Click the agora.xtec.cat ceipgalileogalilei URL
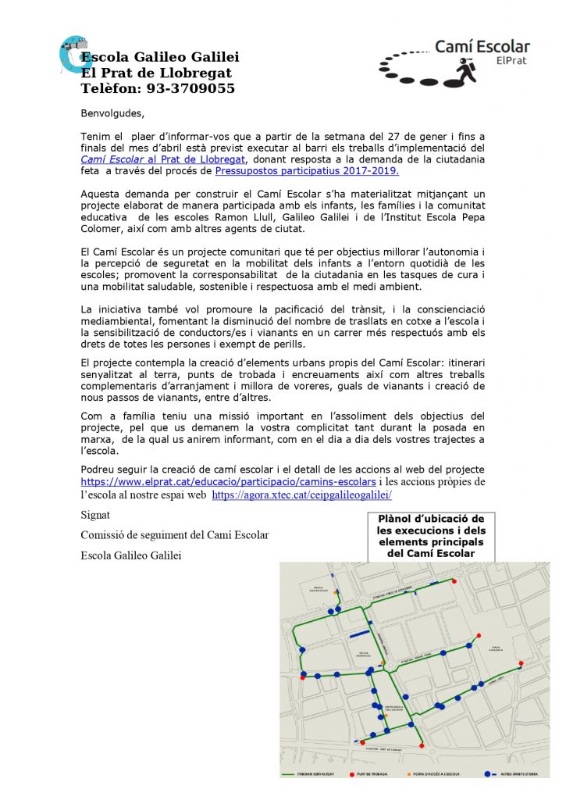point(301,495)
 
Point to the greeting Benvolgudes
point(112,112)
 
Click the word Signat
point(96,516)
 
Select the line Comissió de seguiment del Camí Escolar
point(175,535)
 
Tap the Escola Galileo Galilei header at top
point(160,57)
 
